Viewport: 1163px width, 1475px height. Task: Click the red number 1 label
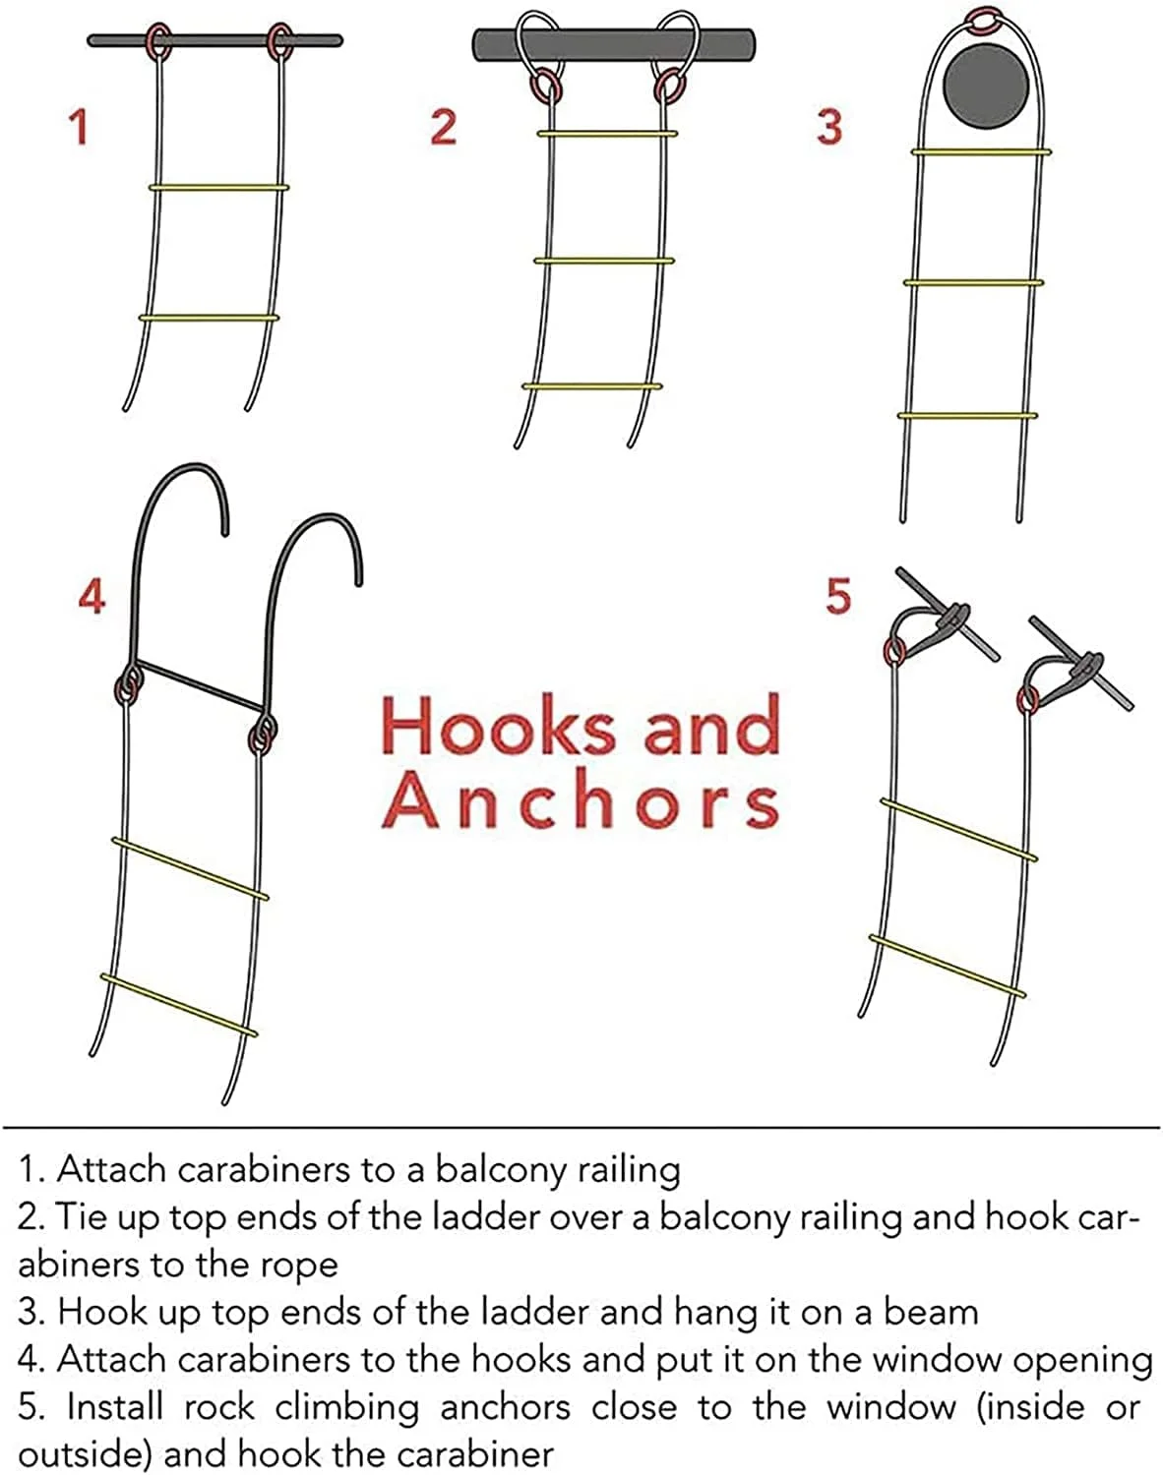[x=80, y=127]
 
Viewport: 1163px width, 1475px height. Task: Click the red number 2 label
[x=443, y=127]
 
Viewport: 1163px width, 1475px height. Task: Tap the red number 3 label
[x=829, y=127]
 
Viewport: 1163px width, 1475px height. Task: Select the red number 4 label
[x=92, y=596]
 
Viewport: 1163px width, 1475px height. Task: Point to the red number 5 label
[x=838, y=596]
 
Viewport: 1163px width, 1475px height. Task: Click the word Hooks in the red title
[x=498, y=725]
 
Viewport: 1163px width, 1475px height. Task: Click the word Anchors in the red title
[x=581, y=799]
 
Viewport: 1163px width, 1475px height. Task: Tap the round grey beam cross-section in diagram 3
[x=986, y=86]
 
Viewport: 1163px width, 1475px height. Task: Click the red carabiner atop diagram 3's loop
[x=985, y=21]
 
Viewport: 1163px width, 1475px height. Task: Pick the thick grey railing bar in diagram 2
[x=614, y=44]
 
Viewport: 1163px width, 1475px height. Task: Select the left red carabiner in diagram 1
[x=159, y=41]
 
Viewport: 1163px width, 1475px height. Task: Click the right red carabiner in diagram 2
[x=669, y=87]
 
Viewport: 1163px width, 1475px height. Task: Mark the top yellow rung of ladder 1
[x=218, y=187]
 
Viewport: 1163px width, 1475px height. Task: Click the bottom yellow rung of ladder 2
[x=591, y=386]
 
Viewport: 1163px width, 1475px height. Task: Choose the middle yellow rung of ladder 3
[x=974, y=282]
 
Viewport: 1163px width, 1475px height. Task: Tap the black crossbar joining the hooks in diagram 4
[x=199, y=685]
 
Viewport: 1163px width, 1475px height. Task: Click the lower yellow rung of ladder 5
[x=948, y=966]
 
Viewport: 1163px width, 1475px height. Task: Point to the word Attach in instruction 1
[x=112, y=1169]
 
